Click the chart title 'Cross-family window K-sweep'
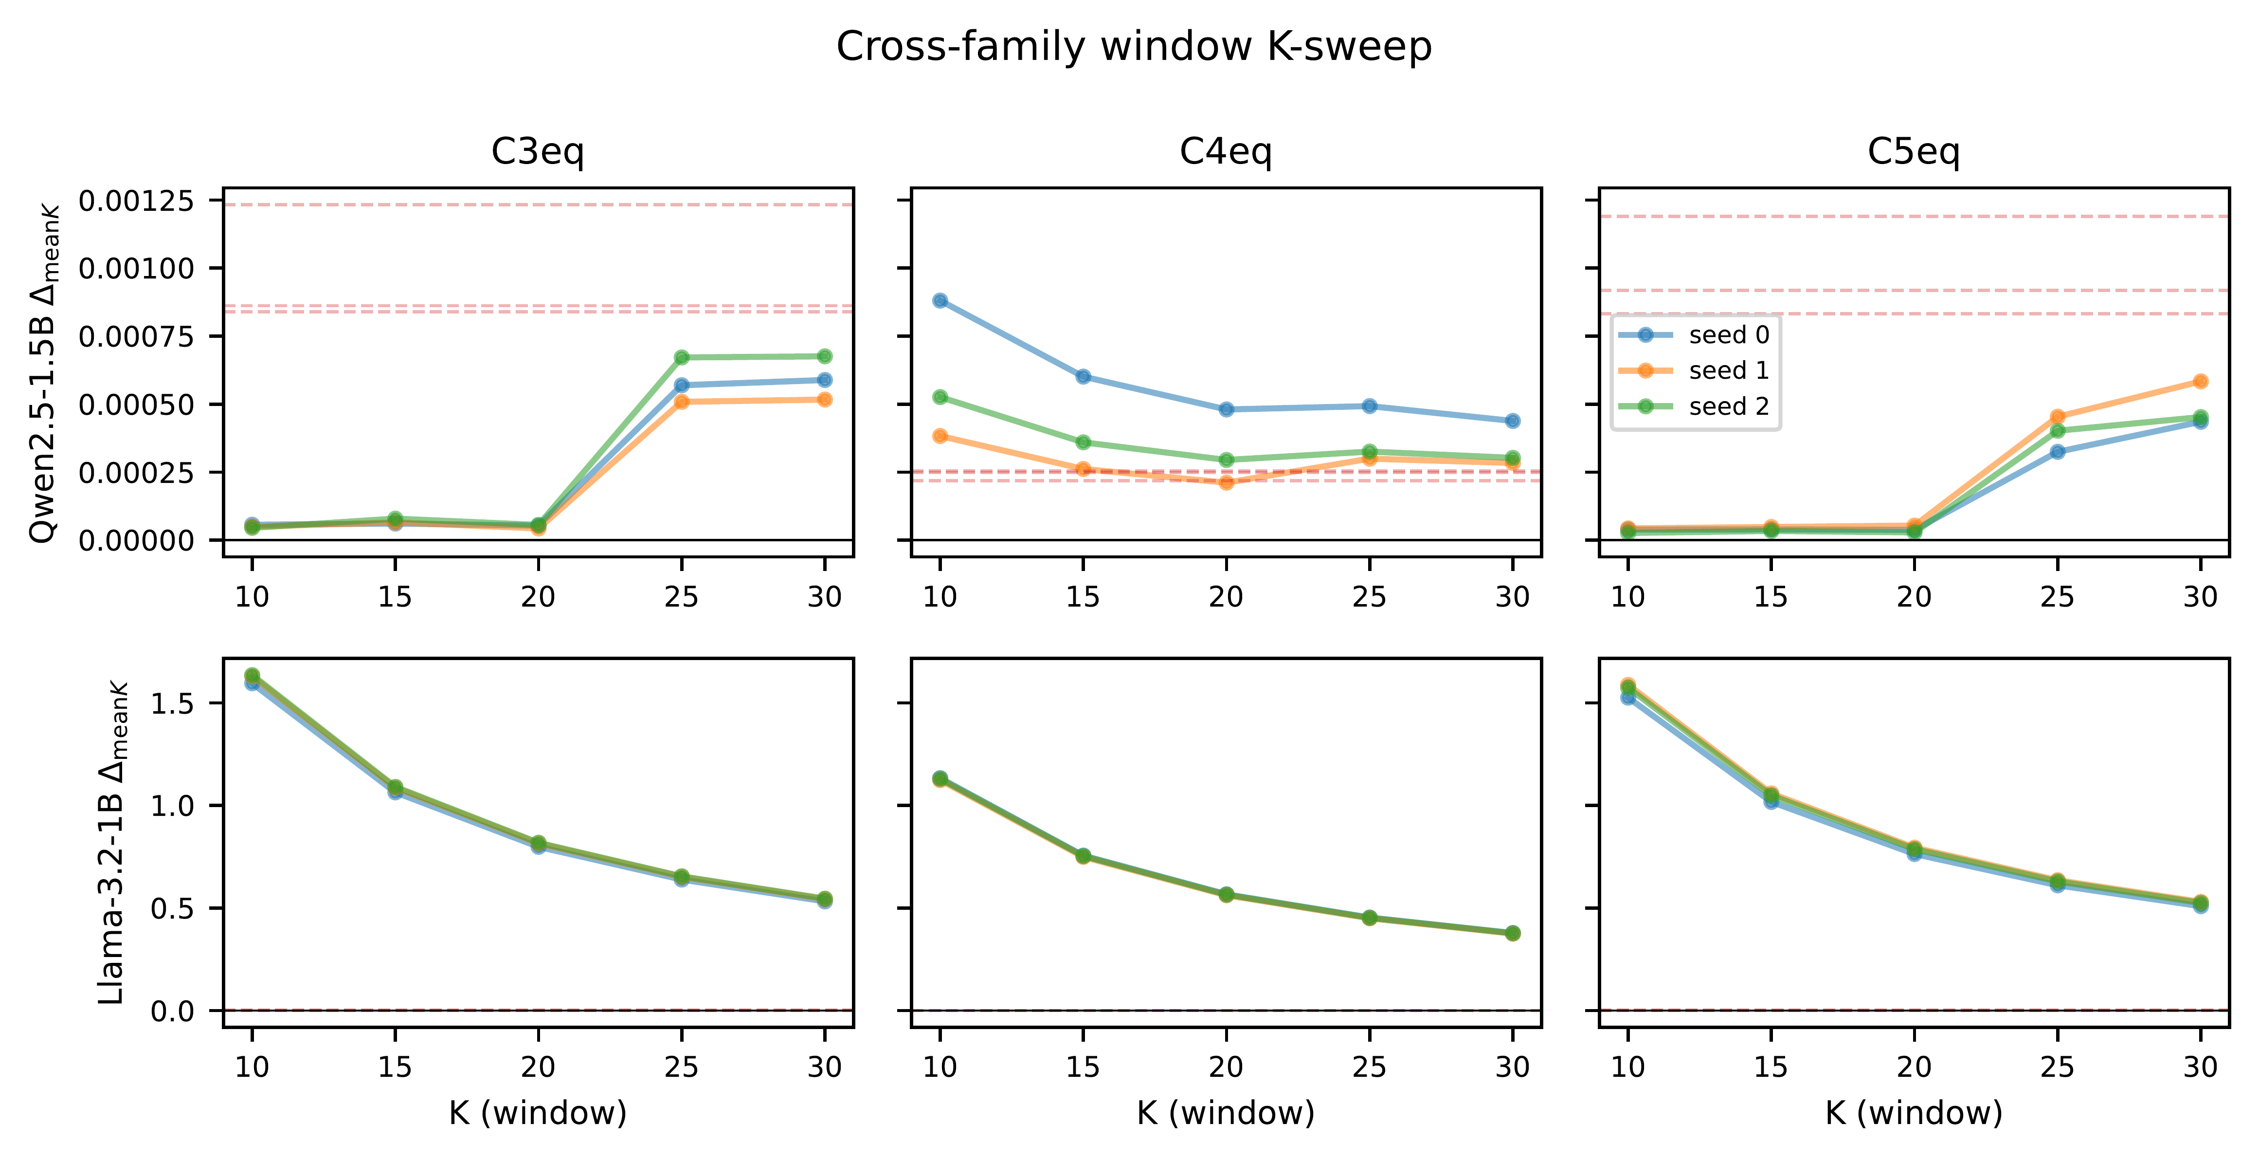coord(1134,47)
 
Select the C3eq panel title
coord(538,152)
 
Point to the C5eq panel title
coord(1914,152)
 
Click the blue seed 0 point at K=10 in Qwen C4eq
coord(940,300)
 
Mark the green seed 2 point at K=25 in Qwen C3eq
coord(681,357)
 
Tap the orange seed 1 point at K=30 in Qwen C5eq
coord(2200,381)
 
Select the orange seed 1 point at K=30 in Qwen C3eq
coord(824,399)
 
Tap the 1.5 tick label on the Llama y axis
coord(173,704)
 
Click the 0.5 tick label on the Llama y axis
coord(173,908)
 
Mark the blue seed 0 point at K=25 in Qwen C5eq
coord(2057,452)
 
